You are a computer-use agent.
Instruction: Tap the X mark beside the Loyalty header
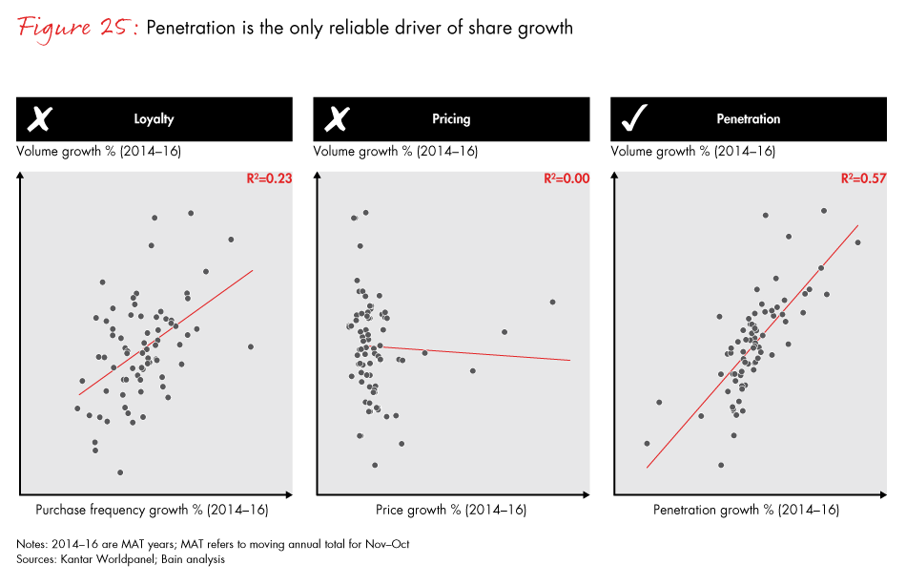[x=39, y=119]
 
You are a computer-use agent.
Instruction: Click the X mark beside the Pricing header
[x=337, y=119]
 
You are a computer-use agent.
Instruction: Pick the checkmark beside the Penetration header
[x=634, y=119]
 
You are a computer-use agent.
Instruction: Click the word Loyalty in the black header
[x=154, y=119]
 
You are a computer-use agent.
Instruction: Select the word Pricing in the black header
[x=451, y=119]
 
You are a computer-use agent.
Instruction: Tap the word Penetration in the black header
[x=749, y=119]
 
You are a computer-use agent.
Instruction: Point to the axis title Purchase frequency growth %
[x=152, y=510]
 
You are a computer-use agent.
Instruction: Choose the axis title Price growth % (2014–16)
[x=451, y=510]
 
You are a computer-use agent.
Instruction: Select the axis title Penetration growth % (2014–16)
[x=746, y=510]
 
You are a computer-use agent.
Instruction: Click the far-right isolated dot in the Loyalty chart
[x=250, y=346]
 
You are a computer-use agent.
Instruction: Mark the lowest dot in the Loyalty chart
[x=120, y=472]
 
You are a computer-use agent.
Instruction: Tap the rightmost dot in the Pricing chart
[x=552, y=302]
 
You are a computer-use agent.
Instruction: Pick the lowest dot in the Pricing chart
[x=375, y=465]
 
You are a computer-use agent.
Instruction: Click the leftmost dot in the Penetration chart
[x=647, y=443]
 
